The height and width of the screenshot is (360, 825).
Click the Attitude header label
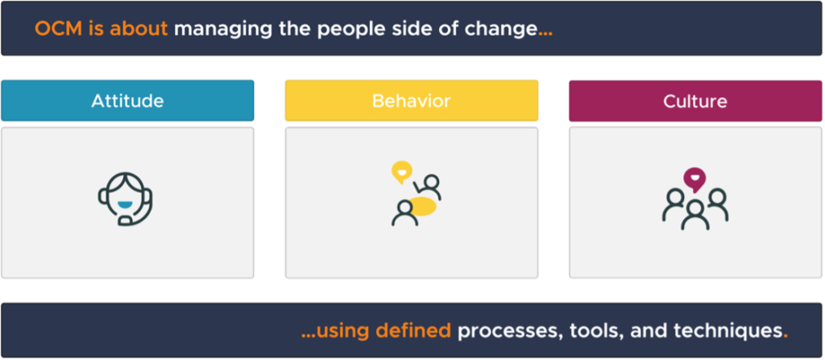click(127, 101)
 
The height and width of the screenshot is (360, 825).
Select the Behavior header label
click(411, 101)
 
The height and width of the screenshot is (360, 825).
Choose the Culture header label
click(695, 101)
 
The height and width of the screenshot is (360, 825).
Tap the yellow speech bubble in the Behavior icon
click(400, 172)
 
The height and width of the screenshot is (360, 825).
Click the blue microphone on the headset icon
click(125, 218)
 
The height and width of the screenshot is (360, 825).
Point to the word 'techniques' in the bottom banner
click(722, 331)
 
